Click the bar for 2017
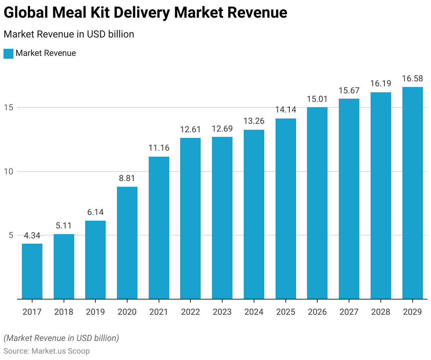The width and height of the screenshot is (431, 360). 32,271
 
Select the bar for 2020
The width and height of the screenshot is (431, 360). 127,243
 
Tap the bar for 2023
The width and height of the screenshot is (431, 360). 222,218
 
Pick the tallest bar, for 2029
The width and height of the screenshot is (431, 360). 412,193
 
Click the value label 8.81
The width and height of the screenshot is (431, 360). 127,178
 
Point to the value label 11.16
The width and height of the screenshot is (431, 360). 159,148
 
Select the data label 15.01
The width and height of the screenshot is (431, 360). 317,99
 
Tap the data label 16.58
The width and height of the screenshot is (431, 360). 412,79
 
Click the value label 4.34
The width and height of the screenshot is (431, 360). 32,236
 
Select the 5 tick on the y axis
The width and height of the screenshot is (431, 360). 11,236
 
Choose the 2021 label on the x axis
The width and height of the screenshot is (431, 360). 159,312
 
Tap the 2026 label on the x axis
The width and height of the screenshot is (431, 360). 317,312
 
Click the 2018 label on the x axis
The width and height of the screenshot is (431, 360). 64,312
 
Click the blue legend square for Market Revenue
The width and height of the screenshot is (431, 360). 8,53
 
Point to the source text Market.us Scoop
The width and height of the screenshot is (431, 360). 60,351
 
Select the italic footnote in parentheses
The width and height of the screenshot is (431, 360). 61,338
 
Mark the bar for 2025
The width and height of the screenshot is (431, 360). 286,209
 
